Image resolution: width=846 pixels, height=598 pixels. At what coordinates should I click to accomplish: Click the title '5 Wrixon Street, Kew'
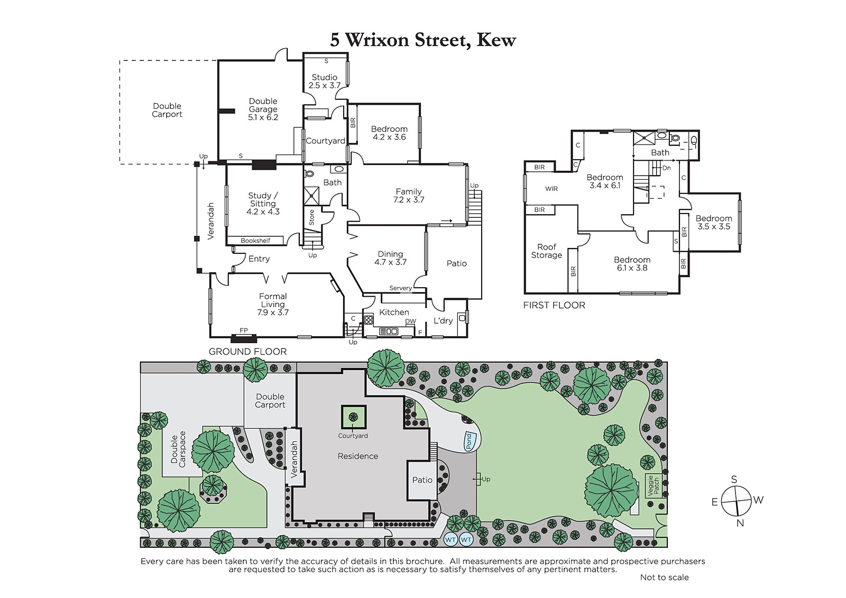tap(422, 40)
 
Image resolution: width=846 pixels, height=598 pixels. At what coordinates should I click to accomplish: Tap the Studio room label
tap(325, 77)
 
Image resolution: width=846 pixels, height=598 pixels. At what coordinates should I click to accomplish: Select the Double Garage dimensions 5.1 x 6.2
tap(263, 117)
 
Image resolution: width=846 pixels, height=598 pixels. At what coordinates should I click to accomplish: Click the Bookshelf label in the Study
tap(255, 241)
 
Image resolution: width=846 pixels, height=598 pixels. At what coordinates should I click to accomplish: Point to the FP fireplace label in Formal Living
tap(244, 330)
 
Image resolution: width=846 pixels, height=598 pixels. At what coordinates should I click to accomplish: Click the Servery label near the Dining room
tap(400, 288)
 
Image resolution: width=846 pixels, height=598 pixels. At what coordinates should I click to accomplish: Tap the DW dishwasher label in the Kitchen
tap(410, 321)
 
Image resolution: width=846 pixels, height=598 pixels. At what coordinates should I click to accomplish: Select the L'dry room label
tap(443, 321)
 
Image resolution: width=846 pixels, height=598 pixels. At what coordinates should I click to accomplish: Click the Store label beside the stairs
tap(311, 218)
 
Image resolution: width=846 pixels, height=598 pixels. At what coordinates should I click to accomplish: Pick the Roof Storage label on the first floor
tap(547, 251)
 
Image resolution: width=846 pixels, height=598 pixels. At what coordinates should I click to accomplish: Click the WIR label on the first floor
tap(551, 189)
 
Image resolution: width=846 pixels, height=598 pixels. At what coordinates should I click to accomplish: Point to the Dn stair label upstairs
tap(667, 168)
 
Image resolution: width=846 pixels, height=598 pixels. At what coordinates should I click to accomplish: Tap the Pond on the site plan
tap(470, 441)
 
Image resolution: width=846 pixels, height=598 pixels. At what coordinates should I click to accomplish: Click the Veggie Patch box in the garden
tap(654, 486)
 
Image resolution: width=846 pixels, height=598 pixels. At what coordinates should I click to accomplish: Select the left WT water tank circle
tap(450, 540)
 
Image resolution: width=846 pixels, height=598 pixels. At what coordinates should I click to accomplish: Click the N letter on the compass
tap(740, 523)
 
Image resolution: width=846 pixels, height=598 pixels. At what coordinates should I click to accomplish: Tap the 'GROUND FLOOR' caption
tap(248, 352)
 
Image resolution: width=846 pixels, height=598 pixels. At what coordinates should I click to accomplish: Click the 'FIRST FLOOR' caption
tap(554, 305)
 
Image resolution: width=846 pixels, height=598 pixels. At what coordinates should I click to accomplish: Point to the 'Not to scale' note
tap(664, 577)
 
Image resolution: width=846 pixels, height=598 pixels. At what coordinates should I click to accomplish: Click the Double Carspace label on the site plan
tap(178, 449)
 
